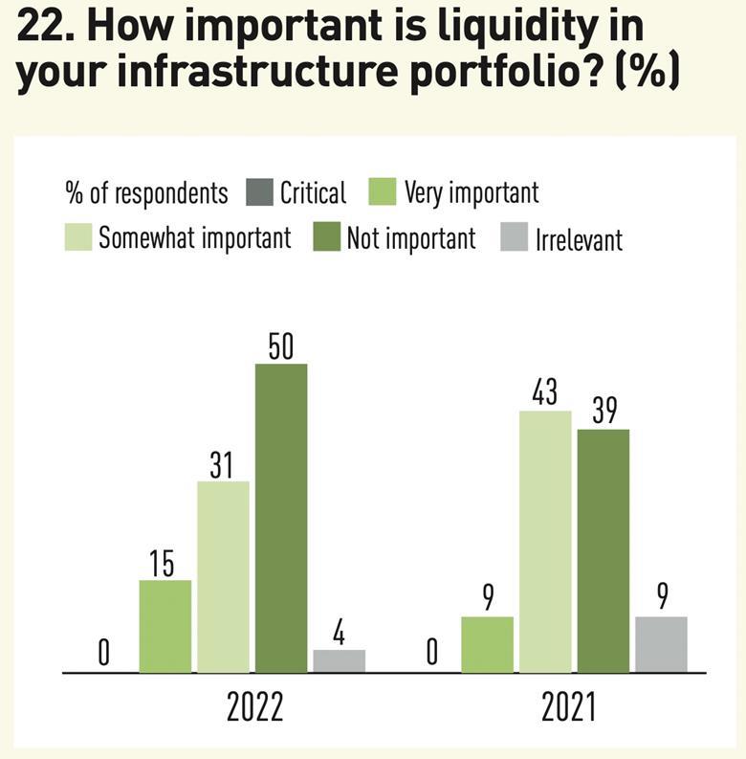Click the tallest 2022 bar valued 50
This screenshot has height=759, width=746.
pyautogui.click(x=281, y=518)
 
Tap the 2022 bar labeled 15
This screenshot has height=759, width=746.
pyautogui.click(x=165, y=626)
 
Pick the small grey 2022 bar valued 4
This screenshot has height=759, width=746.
pyautogui.click(x=339, y=660)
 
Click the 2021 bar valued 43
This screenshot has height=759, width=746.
pyautogui.click(x=545, y=541)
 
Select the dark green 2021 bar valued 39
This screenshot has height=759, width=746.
pyautogui.click(x=603, y=550)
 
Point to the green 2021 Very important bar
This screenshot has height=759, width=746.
pyautogui.click(x=487, y=644)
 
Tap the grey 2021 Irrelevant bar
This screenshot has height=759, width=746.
pyautogui.click(x=661, y=644)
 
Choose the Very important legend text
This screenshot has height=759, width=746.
pyautogui.click(x=472, y=192)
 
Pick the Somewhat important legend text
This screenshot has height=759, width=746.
pyautogui.click(x=195, y=237)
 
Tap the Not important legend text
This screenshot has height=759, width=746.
pyautogui.click(x=410, y=237)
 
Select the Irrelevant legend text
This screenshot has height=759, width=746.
pyautogui.click(x=579, y=237)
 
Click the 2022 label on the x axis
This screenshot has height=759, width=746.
pyautogui.click(x=254, y=709)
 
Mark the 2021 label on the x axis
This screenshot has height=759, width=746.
pyautogui.click(x=569, y=709)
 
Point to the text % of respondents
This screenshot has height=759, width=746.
pyautogui.click(x=146, y=193)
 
